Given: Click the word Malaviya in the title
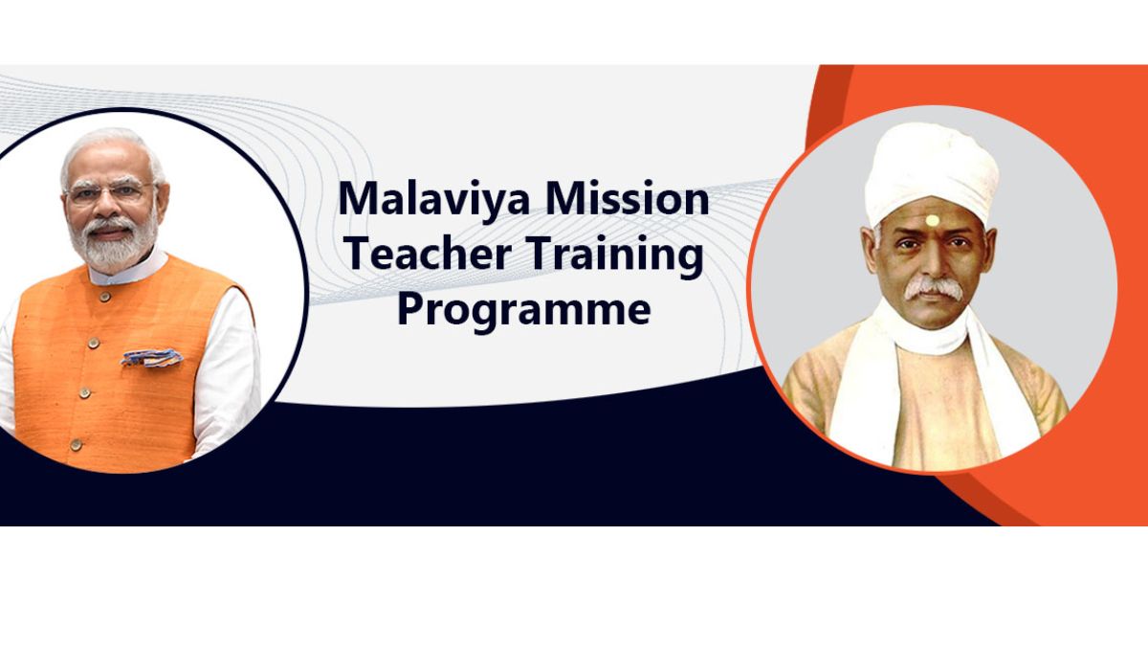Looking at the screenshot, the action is (433, 199).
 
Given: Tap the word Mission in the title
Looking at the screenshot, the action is (628, 198).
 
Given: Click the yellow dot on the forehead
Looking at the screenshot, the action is (932, 220).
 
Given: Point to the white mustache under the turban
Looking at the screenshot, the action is (934, 289).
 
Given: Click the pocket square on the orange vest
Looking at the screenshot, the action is (152, 357).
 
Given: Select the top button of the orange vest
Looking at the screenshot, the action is (105, 297).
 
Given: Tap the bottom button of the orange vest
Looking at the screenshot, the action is (76, 444).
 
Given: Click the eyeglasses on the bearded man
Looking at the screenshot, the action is (110, 192).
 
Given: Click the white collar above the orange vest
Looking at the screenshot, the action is (128, 271).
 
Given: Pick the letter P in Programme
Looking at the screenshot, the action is (409, 309).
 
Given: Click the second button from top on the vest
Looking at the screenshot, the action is (94, 343).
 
